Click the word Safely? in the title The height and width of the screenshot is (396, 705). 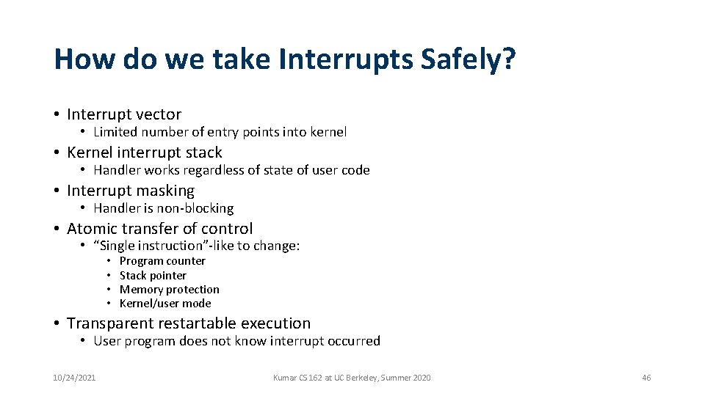(468, 59)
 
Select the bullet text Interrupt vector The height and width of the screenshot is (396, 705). (123, 114)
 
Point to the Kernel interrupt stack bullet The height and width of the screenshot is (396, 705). (144, 153)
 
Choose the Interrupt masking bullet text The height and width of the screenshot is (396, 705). (131, 191)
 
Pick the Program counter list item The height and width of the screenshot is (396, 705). (162, 261)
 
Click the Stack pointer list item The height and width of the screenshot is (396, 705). (153, 276)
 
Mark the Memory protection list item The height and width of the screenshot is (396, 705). (169, 290)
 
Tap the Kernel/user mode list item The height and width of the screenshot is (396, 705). (165, 304)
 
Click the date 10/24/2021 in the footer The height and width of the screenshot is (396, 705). (74, 378)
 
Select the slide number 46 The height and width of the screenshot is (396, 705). (646, 378)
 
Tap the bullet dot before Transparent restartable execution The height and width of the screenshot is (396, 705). (57, 323)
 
